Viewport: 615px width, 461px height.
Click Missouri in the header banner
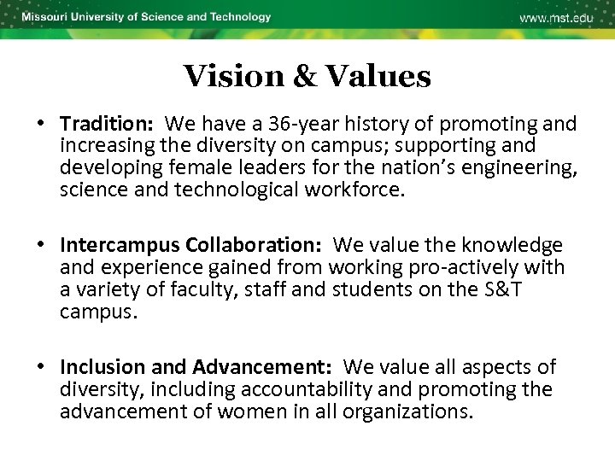(47, 17)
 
